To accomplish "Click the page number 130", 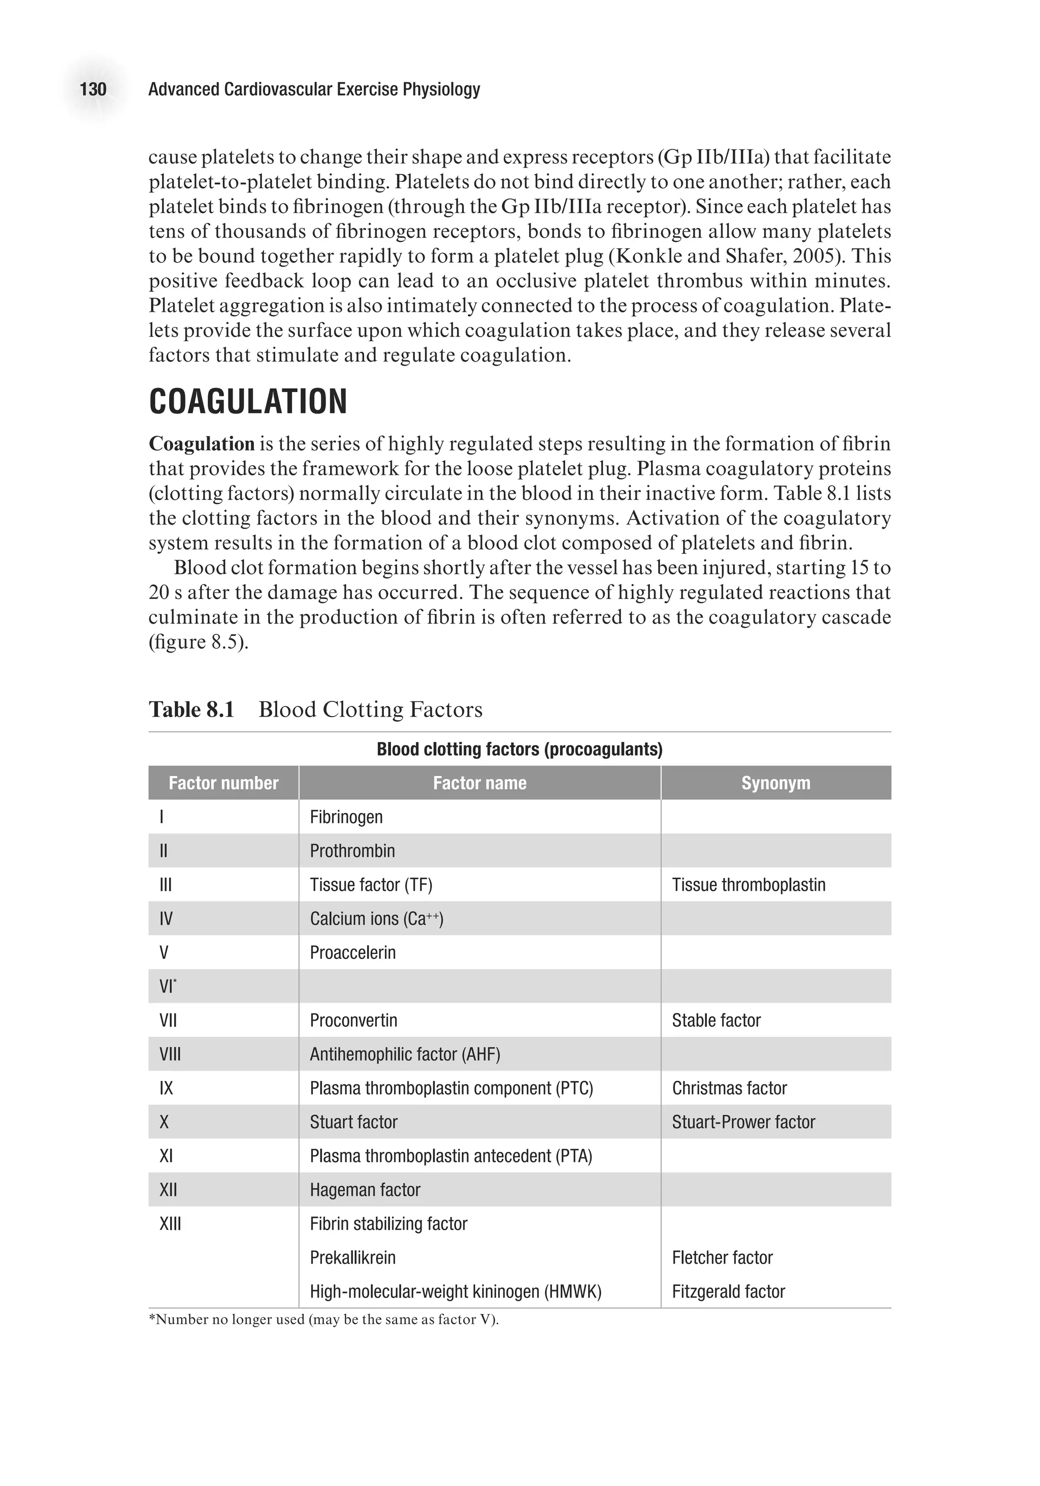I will click(93, 89).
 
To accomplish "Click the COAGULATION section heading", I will click(248, 402).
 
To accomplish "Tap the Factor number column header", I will click(223, 783).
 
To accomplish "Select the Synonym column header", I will click(775, 783).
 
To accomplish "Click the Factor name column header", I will click(479, 783).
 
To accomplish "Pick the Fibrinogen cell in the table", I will click(346, 818).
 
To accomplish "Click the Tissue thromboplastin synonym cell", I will click(748, 885).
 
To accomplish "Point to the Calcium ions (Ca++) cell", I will click(376, 919).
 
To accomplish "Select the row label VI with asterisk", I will click(168, 987).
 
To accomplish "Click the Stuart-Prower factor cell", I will click(743, 1122).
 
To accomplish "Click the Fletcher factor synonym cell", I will click(722, 1258).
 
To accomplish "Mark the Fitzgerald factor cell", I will click(728, 1292).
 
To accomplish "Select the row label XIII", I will click(170, 1224).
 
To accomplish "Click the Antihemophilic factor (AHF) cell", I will click(405, 1055).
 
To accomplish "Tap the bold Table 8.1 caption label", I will click(191, 710).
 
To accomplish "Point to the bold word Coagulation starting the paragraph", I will click(201, 444).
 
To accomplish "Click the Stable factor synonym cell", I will click(716, 1021).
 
